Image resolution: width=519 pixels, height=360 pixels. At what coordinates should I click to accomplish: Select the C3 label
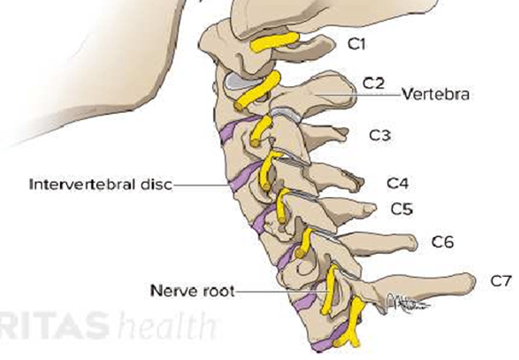click(x=380, y=135)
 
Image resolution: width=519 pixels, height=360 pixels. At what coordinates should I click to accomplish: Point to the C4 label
click(x=398, y=183)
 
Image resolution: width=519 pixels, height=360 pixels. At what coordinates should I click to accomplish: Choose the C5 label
click(x=402, y=208)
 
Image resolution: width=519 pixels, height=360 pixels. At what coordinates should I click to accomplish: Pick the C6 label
click(x=442, y=242)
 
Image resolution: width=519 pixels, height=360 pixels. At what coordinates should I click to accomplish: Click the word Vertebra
click(x=436, y=95)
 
